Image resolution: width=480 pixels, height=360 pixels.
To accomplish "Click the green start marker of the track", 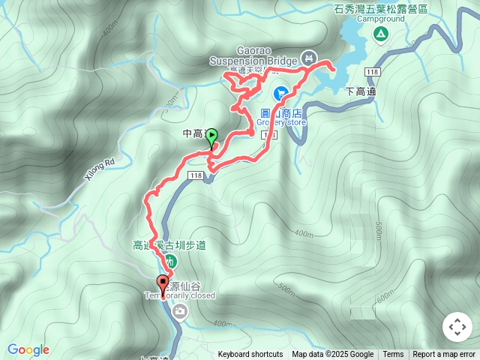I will pos(211,136).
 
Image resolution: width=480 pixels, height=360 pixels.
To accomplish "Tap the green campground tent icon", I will pos(381,34).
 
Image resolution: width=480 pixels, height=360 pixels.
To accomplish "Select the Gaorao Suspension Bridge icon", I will pos(308,58).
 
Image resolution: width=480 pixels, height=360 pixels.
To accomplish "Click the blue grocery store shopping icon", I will pos(280,93).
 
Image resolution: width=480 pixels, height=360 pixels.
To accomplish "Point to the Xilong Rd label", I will pos(98,169).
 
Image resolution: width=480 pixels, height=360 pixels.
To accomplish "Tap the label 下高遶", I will pos(361,91).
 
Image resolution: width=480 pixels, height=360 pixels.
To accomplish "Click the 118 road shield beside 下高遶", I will pos(373,71).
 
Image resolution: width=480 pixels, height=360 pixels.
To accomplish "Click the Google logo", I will pos(28,349).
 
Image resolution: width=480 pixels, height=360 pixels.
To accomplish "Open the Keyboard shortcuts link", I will pos(250,355).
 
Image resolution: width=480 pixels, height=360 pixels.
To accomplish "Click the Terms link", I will pos(393,355).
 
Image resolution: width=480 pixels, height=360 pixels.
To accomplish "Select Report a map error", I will pos(444,355).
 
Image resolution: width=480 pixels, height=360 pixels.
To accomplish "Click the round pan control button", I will pos(457,327).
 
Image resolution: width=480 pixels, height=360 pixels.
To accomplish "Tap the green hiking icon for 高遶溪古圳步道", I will pos(171,262).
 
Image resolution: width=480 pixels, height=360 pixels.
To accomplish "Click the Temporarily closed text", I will pos(180,295).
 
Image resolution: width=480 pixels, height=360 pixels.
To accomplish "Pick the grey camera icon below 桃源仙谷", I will pos(179,310).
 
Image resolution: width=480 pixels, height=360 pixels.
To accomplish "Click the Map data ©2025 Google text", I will pos(332,355).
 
